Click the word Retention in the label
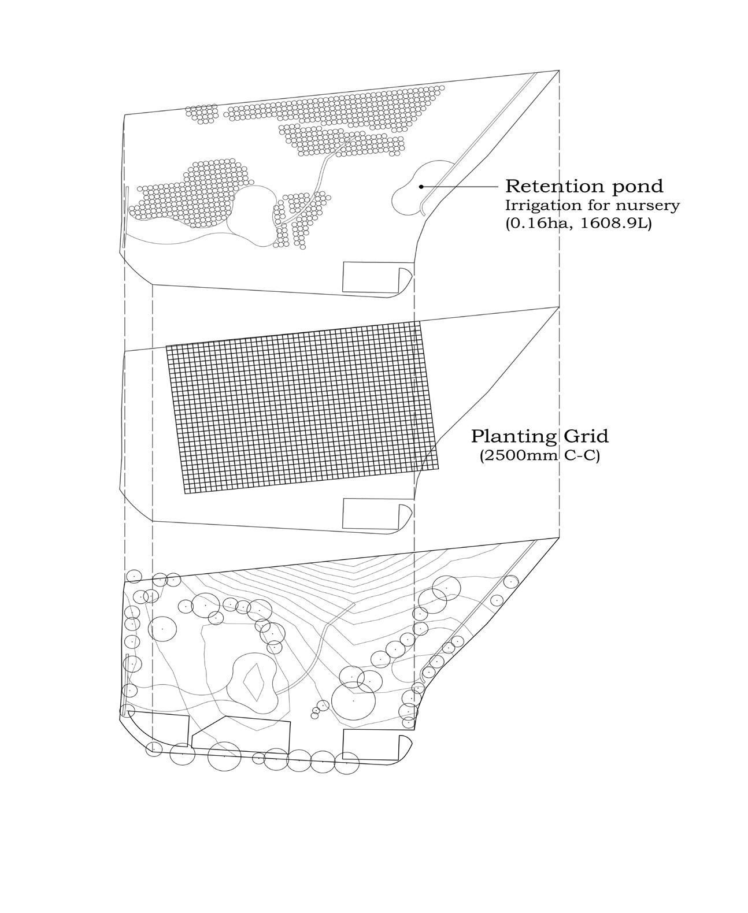tap(546, 187)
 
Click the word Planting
tap(506, 436)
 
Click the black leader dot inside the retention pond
tap(421, 186)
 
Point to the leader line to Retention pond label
tap(460, 186)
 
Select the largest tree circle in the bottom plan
tap(353, 701)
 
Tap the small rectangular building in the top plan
tap(371, 277)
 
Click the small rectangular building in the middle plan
tap(371, 513)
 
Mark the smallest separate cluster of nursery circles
tap(202, 114)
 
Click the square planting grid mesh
tap(301, 407)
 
